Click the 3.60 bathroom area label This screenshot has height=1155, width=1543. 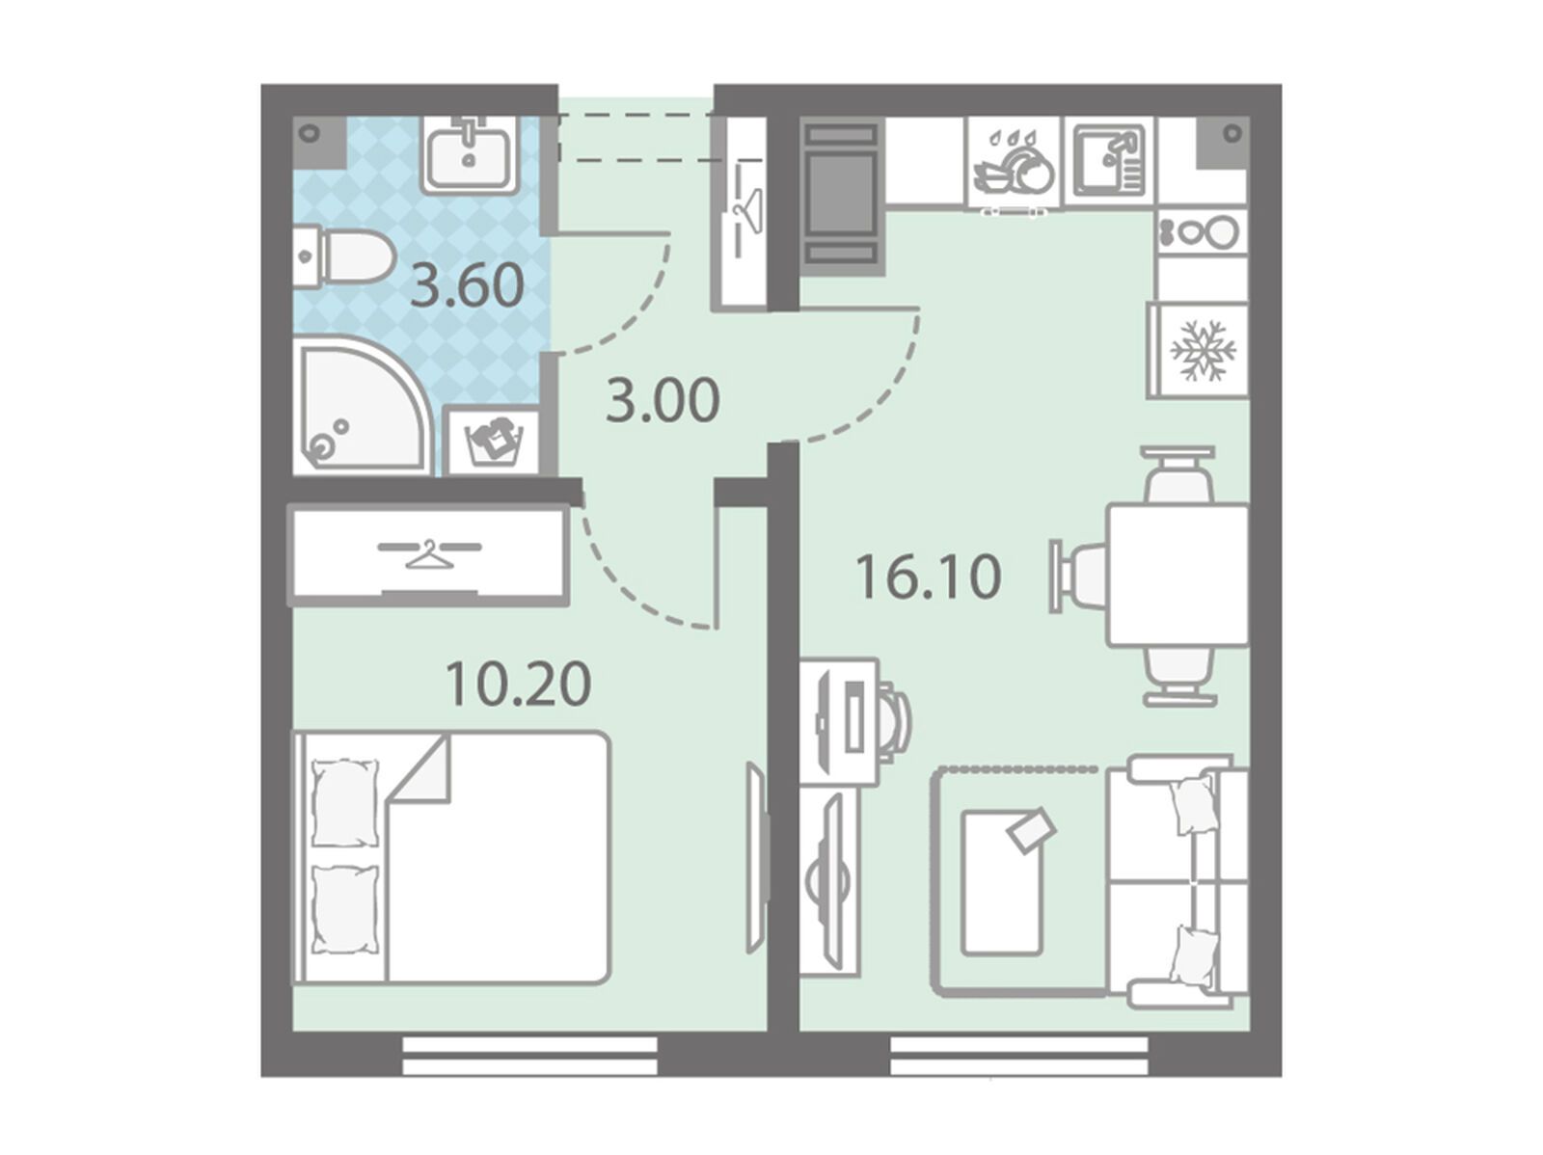click(467, 284)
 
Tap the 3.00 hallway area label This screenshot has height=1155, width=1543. click(663, 400)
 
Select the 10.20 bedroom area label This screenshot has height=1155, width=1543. click(518, 685)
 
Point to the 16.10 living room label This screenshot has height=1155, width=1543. click(928, 577)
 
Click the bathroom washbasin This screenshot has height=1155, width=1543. click(469, 154)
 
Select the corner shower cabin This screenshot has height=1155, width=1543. click(362, 405)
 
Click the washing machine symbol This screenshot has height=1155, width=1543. click(495, 441)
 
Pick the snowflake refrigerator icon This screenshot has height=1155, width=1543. click(1201, 351)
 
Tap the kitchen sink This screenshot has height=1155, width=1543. click(1109, 160)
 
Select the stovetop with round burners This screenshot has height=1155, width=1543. click(1202, 231)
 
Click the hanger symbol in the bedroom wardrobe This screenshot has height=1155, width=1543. click(429, 552)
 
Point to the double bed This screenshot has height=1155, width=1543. click(450, 857)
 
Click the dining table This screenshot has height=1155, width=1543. click(1178, 576)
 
